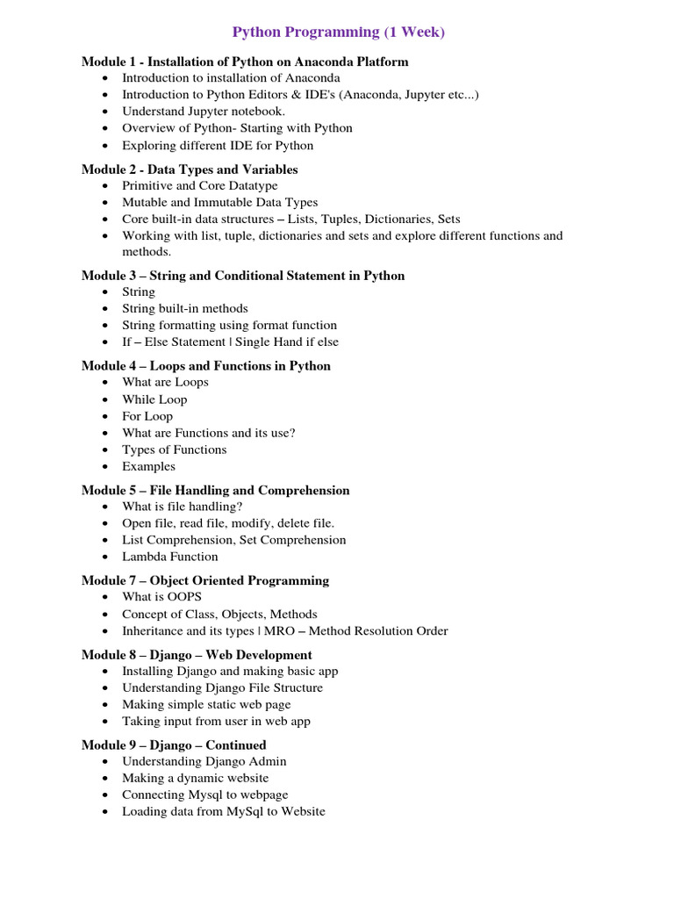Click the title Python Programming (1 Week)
(x=338, y=32)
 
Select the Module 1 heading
(x=245, y=61)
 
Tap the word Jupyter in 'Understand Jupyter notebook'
(x=212, y=111)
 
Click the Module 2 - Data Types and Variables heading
(x=190, y=169)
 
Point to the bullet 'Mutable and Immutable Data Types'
(x=219, y=202)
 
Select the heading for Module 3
(x=243, y=276)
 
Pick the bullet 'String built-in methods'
(x=184, y=308)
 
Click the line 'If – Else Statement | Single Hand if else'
(x=230, y=342)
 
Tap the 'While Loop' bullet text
(x=154, y=399)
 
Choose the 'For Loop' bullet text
(x=147, y=416)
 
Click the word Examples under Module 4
(x=148, y=466)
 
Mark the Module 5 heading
(x=215, y=491)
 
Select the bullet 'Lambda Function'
(x=170, y=557)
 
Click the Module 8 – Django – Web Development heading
(x=197, y=655)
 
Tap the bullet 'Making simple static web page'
(x=206, y=704)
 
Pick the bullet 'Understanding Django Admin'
(x=204, y=761)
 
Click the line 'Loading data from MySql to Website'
(x=223, y=811)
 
